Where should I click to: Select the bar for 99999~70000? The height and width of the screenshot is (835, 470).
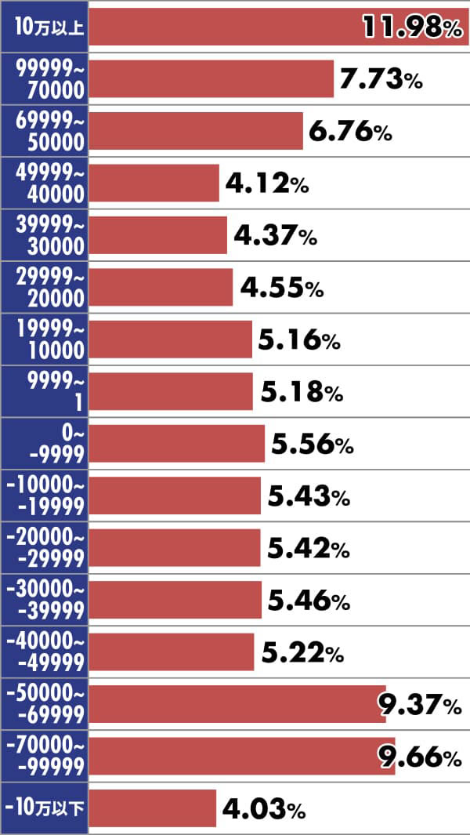click(x=211, y=78)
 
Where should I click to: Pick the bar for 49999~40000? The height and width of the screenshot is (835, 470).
click(x=154, y=183)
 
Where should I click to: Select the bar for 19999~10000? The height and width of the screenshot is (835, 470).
click(x=170, y=339)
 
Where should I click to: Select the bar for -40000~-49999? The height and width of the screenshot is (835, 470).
click(x=171, y=652)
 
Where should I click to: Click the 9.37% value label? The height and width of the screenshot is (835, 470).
click(x=420, y=705)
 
